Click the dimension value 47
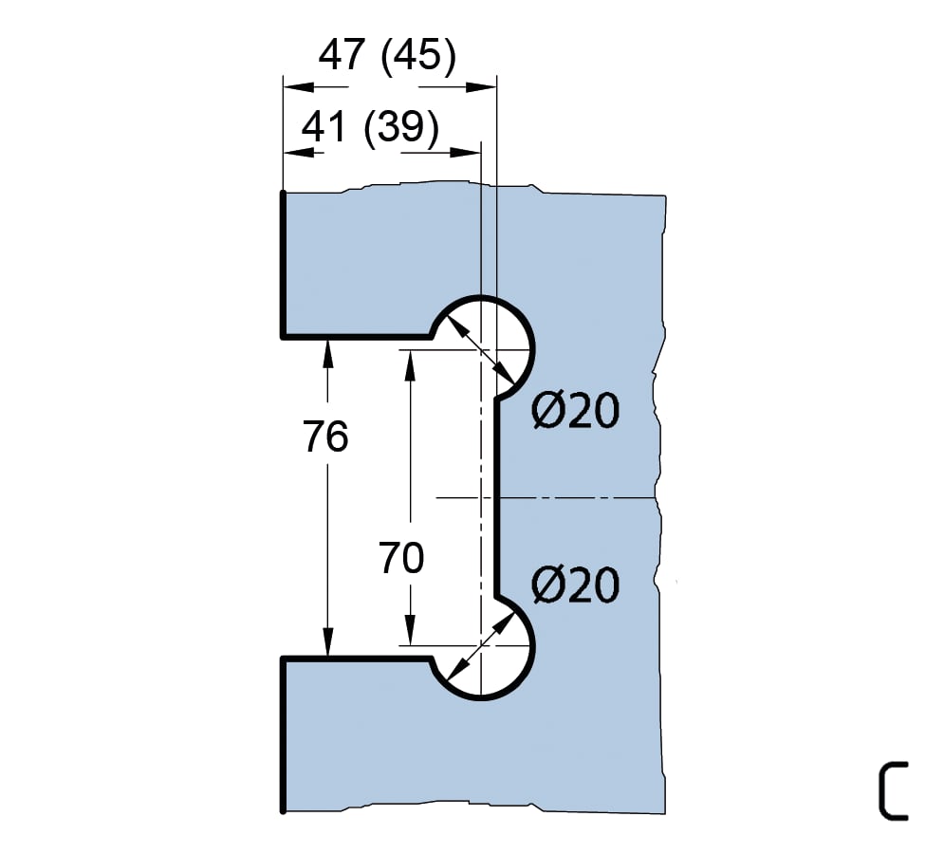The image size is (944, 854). click(342, 56)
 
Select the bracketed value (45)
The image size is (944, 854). click(417, 56)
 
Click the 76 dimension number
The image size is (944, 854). click(326, 437)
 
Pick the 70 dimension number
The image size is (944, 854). click(401, 559)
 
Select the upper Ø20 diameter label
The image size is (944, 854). click(575, 412)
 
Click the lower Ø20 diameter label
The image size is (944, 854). click(575, 585)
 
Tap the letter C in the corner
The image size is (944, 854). click(892, 789)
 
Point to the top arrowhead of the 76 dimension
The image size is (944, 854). click(328, 349)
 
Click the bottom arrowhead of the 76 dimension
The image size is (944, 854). click(328, 645)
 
